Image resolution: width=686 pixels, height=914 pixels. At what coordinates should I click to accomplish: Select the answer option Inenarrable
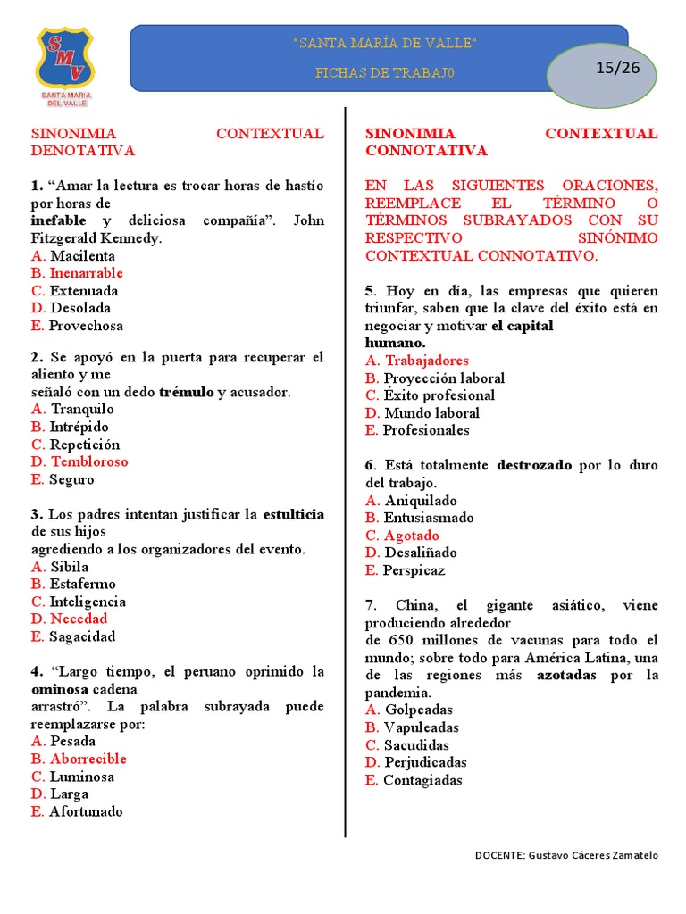[x=87, y=273]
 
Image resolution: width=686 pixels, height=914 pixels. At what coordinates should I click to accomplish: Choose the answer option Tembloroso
[x=89, y=461]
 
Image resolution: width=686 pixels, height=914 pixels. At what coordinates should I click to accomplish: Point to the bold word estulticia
[x=292, y=514]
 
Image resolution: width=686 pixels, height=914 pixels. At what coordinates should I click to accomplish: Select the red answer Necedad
[x=79, y=619]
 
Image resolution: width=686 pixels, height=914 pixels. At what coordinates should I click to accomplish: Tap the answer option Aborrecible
[x=88, y=759]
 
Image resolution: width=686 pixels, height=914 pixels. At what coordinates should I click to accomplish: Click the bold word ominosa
[x=60, y=689]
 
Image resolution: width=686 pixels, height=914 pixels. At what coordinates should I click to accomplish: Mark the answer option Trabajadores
[x=427, y=361]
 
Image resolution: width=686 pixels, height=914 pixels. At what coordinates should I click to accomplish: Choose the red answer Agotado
[x=412, y=536]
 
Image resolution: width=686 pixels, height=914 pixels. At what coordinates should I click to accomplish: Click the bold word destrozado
[x=534, y=465]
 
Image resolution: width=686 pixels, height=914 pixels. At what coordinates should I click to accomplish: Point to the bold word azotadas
[x=566, y=675]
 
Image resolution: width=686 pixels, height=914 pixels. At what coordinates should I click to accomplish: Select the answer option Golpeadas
[x=419, y=710]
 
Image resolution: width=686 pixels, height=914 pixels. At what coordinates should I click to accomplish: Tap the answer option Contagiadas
[x=422, y=780]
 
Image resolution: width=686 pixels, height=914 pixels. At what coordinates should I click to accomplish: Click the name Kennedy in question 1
[x=132, y=238]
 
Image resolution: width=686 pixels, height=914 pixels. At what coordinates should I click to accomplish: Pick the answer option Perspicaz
[x=414, y=570]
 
